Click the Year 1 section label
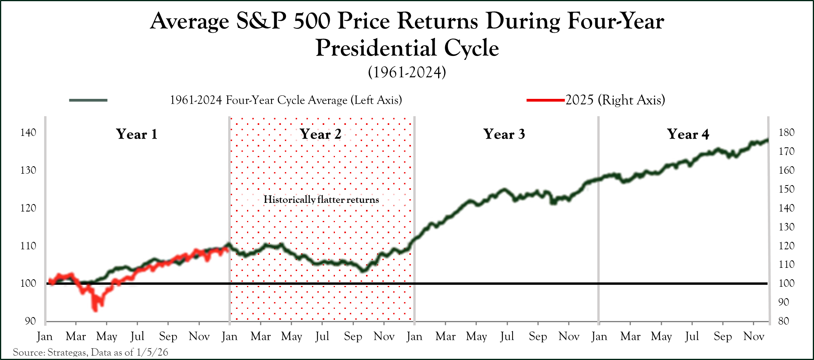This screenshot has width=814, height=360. pyautogui.click(x=137, y=134)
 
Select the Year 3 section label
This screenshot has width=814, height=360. pyautogui.click(x=504, y=134)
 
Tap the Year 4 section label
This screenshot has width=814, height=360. pyautogui.click(x=688, y=134)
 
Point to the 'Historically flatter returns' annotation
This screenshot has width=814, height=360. pyautogui.click(x=321, y=200)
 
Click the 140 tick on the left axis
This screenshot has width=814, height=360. pyautogui.click(x=28, y=132)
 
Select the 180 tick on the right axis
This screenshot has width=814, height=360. pyautogui.click(x=786, y=132)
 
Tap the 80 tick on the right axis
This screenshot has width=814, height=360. pyautogui.click(x=784, y=321)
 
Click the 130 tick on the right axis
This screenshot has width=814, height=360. pyautogui.click(x=786, y=227)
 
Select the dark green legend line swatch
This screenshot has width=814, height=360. pyautogui.click(x=88, y=100)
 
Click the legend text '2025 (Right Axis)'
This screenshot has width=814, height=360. pyautogui.click(x=615, y=100)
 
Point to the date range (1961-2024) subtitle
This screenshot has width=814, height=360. pyautogui.click(x=407, y=72)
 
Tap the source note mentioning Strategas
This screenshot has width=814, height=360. pyautogui.click(x=91, y=352)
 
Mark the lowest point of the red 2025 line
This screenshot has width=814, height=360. pyautogui.click(x=95, y=310)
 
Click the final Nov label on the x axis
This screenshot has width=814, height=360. pyautogui.click(x=754, y=336)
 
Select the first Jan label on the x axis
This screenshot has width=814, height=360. pyautogui.click(x=45, y=336)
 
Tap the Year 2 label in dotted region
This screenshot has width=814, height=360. pyautogui.click(x=321, y=134)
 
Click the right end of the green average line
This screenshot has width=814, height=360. pyautogui.click(x=767, y=140)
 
